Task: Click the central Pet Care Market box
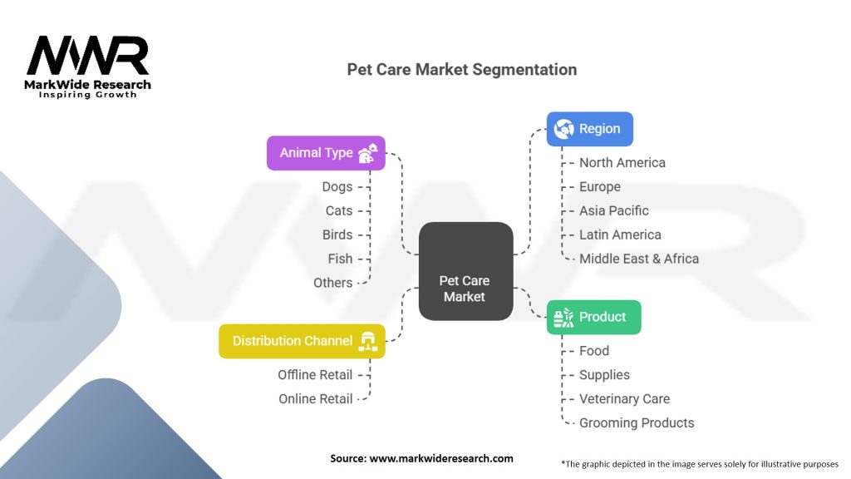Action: click(465, 271)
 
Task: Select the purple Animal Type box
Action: click(326, 153)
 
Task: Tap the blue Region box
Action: click(589, 129)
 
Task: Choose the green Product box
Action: click(593, 317)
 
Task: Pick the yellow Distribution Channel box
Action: click(302, 341)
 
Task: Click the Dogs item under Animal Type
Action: click(337, 187)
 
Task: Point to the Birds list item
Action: click(337, 235)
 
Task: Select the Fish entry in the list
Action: click(340, 259)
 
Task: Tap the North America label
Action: click(622, 163)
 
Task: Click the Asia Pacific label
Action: click(614, 211)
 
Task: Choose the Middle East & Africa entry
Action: click(639, 259)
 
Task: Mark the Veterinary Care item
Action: click(624, 399)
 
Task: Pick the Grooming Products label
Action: click(637, 422)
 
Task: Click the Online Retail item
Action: click(316, 399)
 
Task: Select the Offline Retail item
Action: click(315, 375)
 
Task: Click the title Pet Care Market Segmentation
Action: click(461, 70)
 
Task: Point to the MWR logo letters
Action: click(87, 56)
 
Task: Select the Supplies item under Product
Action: click(604, 375)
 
